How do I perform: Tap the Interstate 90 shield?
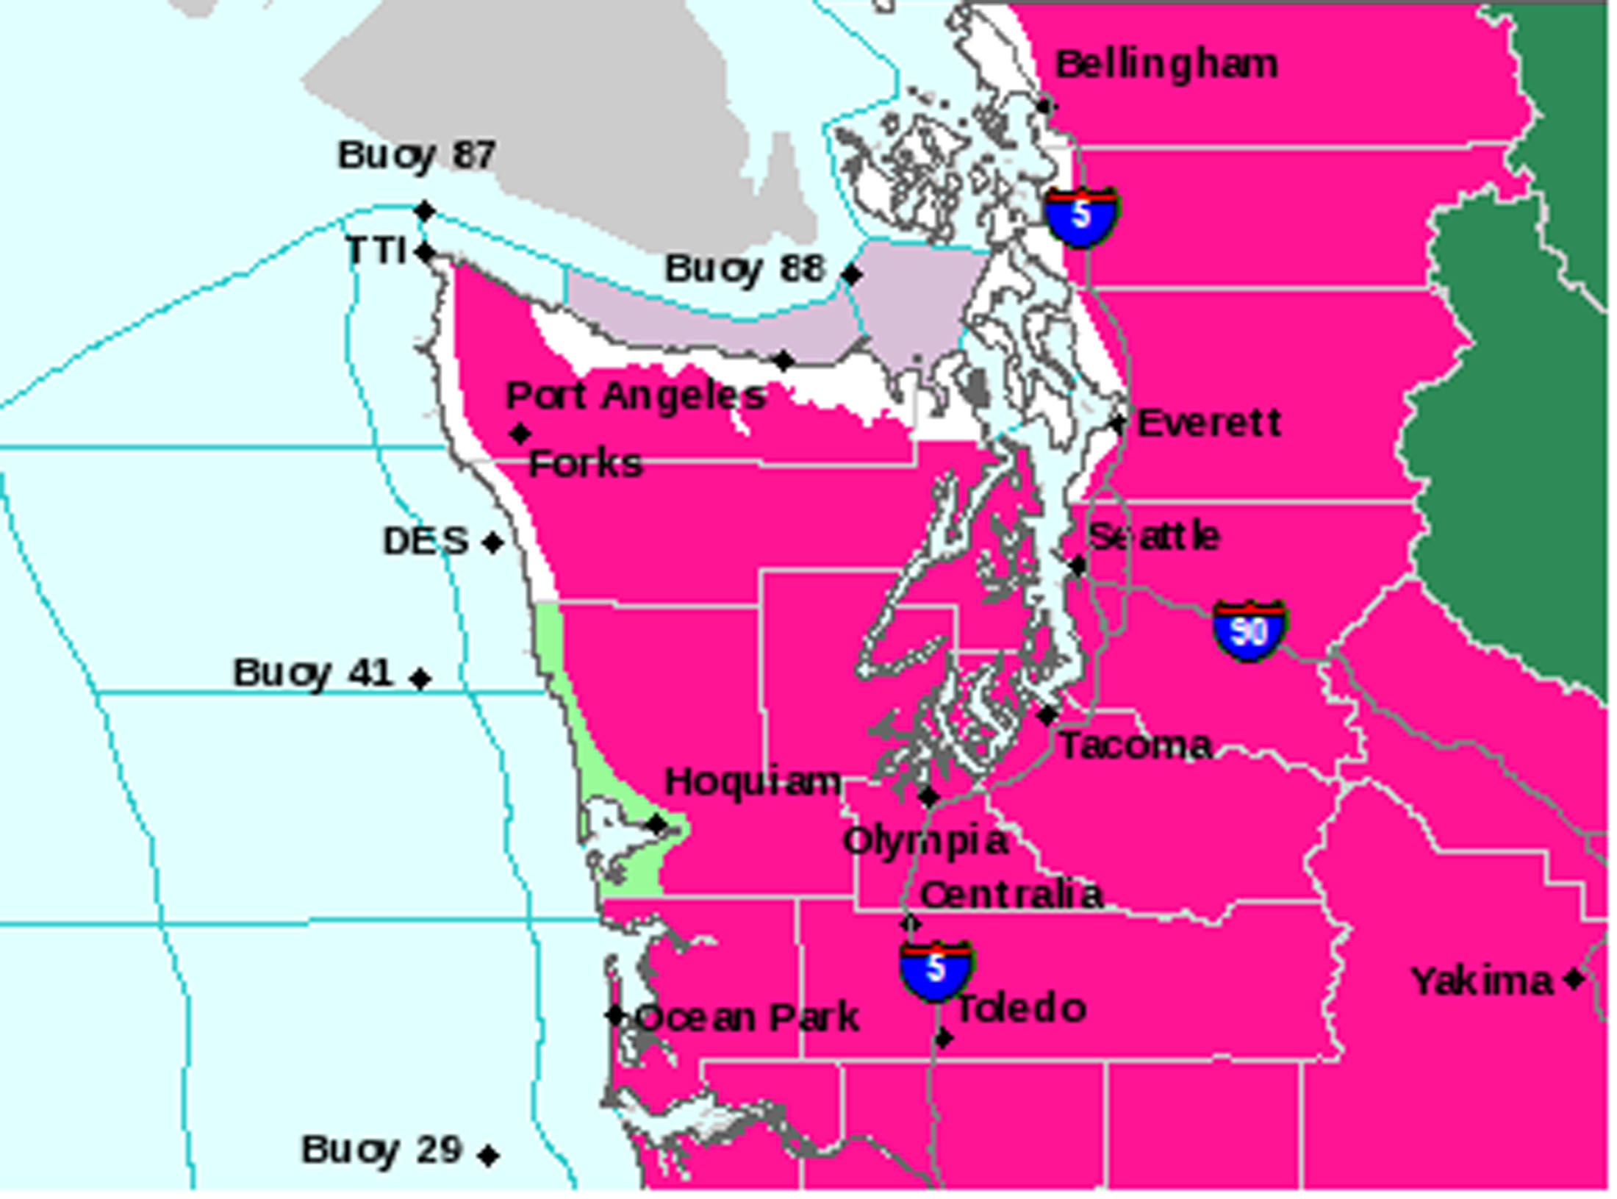click(x=1249, y=630)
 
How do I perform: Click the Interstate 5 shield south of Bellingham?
click(x=1081, y=216)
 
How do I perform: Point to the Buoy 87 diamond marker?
click(x=425, y=211)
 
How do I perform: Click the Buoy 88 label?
click(x=744, y=269)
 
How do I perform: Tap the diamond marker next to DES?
click(x=493, y=543)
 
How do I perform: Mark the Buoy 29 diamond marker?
click(x=488, y=1155)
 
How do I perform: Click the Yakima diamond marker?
click(x=1573, y=978)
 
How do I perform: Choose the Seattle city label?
click(x=1154, y=537)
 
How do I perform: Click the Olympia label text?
click(x=925, y=841)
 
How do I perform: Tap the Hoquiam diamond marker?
click(x=656, y=824)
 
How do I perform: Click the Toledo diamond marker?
click(x=944, y=1038)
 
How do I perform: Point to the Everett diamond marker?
click(x=1118, y=423)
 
